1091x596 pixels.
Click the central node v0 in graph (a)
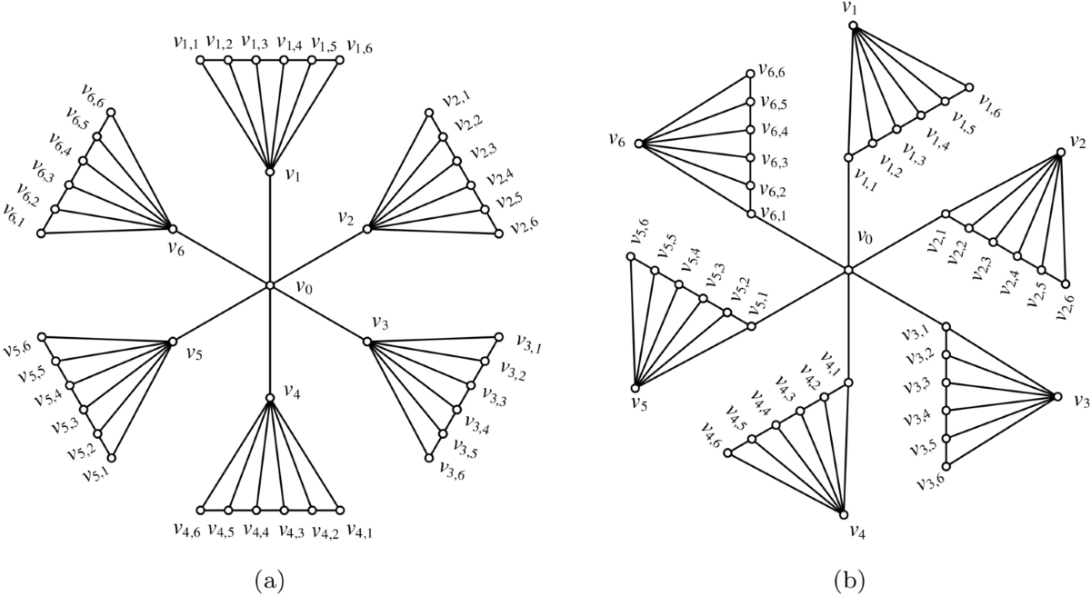(269, 285)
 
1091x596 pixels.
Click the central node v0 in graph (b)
(847, 270)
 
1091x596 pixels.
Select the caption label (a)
(269, 576)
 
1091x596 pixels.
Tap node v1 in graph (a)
(269, 171)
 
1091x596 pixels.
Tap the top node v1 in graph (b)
(854, 25)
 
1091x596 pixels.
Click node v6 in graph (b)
(639, 144)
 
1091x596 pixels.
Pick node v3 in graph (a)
(367, 342)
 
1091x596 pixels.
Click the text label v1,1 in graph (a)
(185, 42)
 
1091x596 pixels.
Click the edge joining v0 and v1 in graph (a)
(269, 227)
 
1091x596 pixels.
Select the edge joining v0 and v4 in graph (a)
(269, 342)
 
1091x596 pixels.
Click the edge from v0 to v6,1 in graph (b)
(798, 242)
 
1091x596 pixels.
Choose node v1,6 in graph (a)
(340, 61)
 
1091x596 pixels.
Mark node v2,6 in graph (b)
(1066, 279)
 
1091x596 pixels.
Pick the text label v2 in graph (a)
(345, 219)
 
